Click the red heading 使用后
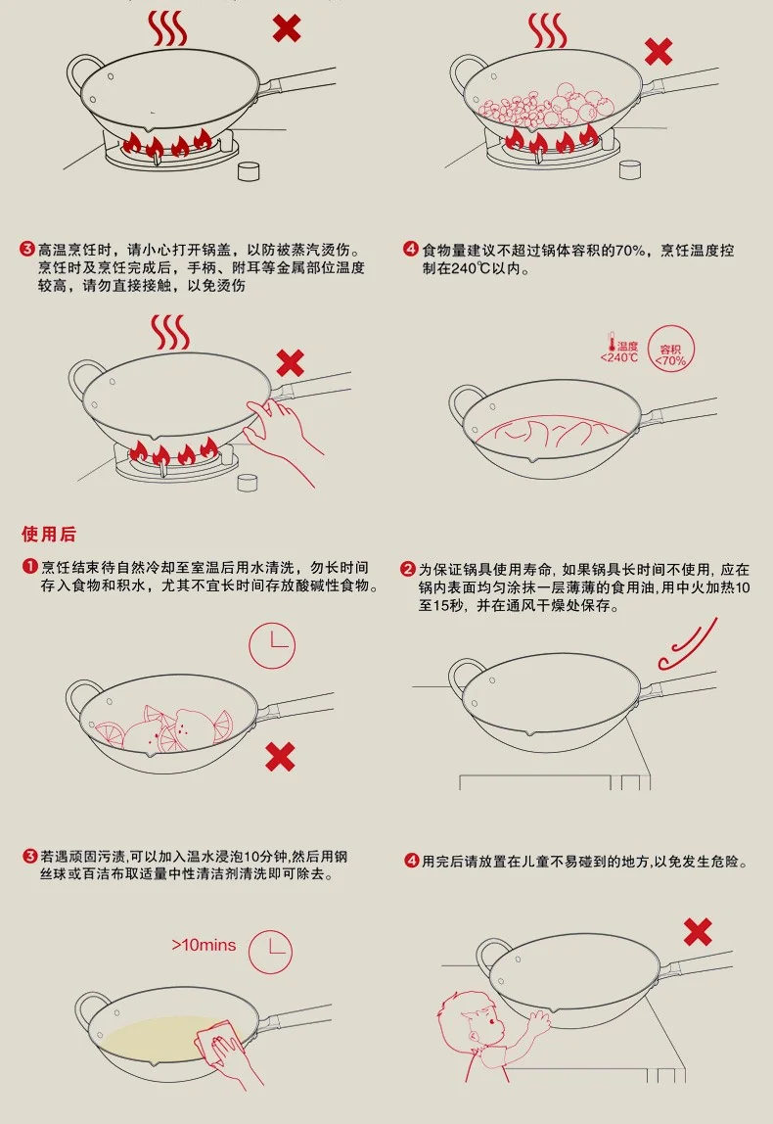pyautogui.click(x=48, y=534)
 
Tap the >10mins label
pyautogui.click(x=204, y=945)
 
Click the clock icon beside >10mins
pyautogui.click(x=270, y=952)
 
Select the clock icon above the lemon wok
pyautogui.click(x=271, y=644)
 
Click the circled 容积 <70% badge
pyautogui.click(x=670, y=350)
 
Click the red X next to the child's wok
pyautogui.click(x=697, y=932)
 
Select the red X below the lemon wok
pyautogui.click(x=280, y=756)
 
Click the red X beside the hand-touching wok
pyautogui.click(x=290, y=363)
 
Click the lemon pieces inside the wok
pyautogui.click(x=164, y=727)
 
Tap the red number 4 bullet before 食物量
pyautogui.click(x=411, y=250)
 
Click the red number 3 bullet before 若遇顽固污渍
pyautogui.click(x=30, y=856)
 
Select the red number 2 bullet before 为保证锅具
pyautogui.click(x=408, y=569)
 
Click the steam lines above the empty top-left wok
pyautogui.click(x=167, y=28)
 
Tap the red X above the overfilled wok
pyautogui.click(x=658, y=52)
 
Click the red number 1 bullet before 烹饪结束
pyautogui.click(x=30, y=567)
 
